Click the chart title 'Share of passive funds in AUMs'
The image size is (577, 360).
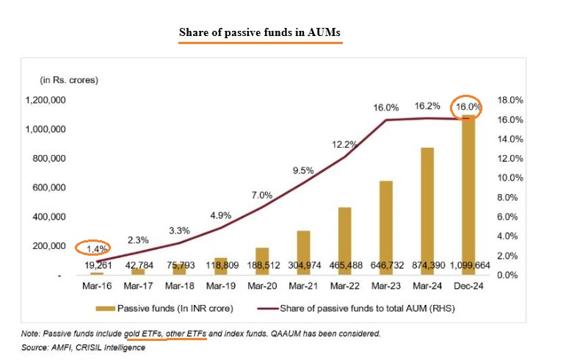261,34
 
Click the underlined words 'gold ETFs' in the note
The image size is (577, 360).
144,334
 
